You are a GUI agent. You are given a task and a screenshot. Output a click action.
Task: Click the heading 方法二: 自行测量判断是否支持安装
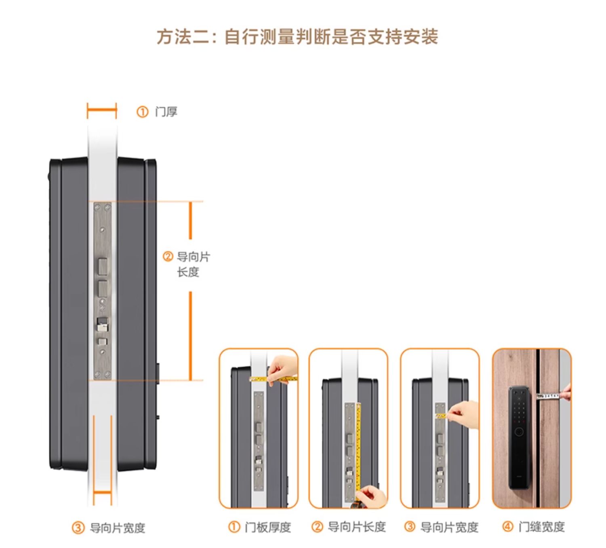click(297, 37)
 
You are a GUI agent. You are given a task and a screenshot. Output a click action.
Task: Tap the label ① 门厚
click(157, 111)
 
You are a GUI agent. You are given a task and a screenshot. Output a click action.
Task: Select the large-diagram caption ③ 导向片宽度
click(109, 527)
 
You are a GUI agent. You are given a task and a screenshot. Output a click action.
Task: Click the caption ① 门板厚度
click(260, 527)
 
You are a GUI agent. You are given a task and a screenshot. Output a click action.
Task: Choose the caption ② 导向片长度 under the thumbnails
click(349, 527)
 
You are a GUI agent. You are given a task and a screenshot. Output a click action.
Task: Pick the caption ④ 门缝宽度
click(534, 527)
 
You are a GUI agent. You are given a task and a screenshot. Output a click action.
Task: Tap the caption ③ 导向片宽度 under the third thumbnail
click(441, 527)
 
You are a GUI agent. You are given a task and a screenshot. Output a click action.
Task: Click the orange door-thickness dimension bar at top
click(102, 110)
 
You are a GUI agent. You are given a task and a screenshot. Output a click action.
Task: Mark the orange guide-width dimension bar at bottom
click(102, 493)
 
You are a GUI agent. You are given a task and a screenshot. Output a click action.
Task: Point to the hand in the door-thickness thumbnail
click(283, 368)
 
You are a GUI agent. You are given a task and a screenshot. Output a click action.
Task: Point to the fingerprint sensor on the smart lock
click(520, 432)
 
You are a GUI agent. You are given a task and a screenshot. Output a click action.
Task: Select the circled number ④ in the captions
click(508, 527)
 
